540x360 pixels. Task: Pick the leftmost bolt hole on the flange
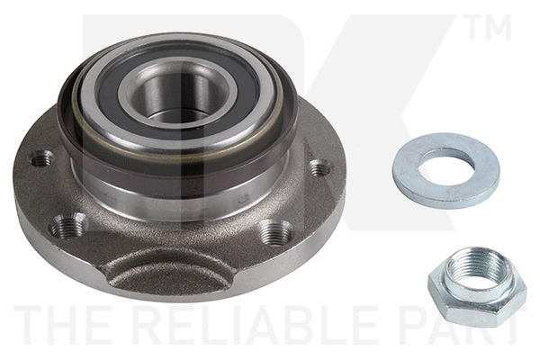(40, 160)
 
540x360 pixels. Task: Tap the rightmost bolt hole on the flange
(319, 168)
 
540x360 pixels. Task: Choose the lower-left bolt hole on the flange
(69, 226)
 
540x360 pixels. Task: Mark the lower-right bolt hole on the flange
(275, 231)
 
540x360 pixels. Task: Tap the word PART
(469, 325)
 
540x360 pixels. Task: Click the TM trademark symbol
(490, 28)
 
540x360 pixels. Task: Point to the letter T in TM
(476, 28)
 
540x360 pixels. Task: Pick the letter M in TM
(500, 28)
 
